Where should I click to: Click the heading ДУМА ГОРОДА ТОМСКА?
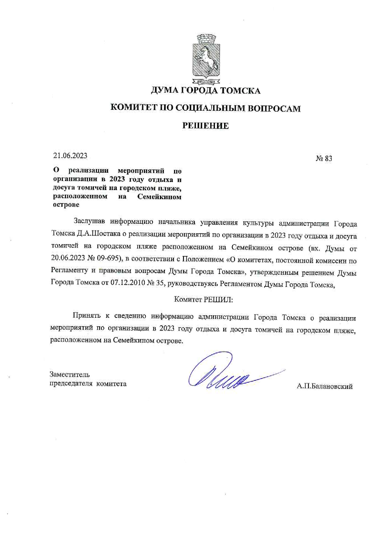point(206,91)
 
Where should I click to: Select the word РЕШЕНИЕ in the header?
point(206,126)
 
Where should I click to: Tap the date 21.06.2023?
point(70,156)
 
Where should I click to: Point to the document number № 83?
point(324,158)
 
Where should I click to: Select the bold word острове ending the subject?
point(66,205)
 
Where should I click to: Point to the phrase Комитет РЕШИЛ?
point(203,299)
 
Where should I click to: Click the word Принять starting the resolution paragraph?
point(86,316)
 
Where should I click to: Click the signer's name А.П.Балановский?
point(324,386)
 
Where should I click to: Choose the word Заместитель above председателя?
point(70,375)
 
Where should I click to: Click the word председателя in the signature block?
point(71,384)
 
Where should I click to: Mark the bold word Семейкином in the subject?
point(159,196)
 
